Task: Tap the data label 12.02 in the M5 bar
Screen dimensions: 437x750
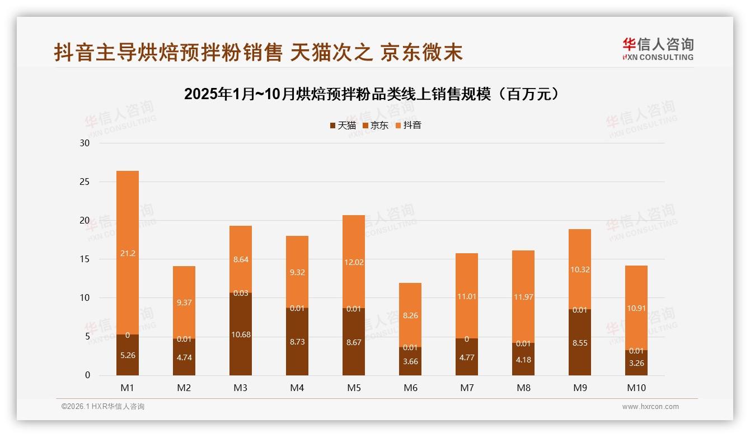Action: coord(354,262)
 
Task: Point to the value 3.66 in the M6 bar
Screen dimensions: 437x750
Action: coord(410,361)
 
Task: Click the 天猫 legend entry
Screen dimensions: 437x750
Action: coord(343,125)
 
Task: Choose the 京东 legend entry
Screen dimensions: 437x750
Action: coord(376,125)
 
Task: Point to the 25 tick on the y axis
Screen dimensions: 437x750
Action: coord(85,182)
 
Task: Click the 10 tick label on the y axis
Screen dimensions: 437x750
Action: coord(85,298)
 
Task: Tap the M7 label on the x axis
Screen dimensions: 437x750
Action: coord(467,388)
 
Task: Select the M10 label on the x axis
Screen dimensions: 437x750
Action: coord(636,388)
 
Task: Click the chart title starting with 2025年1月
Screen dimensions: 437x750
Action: coord(372,94)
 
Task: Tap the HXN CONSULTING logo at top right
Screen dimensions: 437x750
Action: coord(658,49)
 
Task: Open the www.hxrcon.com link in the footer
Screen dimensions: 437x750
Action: coord(650,407)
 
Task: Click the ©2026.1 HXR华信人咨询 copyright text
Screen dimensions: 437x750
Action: coord(103,407)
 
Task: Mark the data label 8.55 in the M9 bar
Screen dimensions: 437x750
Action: coord(580,343)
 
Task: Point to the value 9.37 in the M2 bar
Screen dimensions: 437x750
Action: coord(184,303)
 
